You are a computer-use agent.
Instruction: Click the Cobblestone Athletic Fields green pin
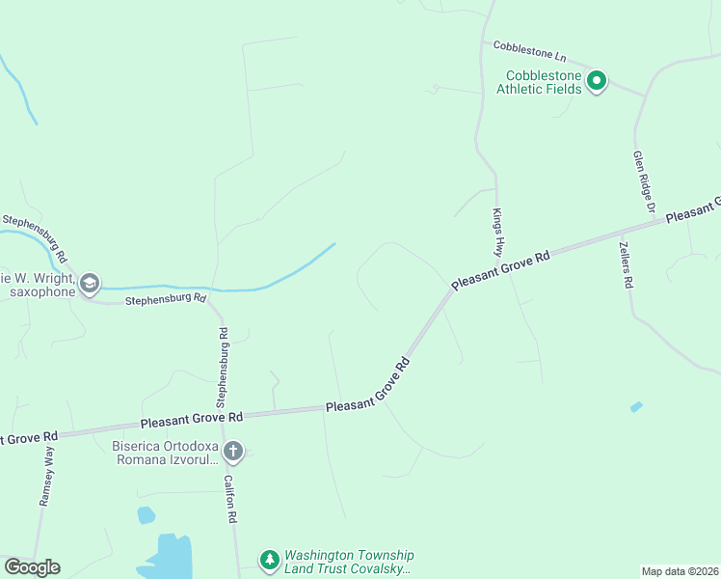(x=597, y=81)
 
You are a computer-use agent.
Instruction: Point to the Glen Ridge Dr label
(x=644, y=180)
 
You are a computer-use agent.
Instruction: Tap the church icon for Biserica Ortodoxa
(x=233, y=451)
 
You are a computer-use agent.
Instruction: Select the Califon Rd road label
(x=230, y=498)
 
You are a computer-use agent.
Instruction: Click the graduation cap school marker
(x=90, y=284)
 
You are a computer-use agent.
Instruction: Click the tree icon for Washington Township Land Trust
(x=269, y=560)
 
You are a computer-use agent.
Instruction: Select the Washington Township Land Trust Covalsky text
(x=348, y=562)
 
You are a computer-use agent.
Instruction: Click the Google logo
(x=32, y=567)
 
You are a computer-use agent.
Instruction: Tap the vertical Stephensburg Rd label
(x=223, y=367)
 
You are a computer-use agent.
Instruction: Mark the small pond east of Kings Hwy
(x=636, y=407)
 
